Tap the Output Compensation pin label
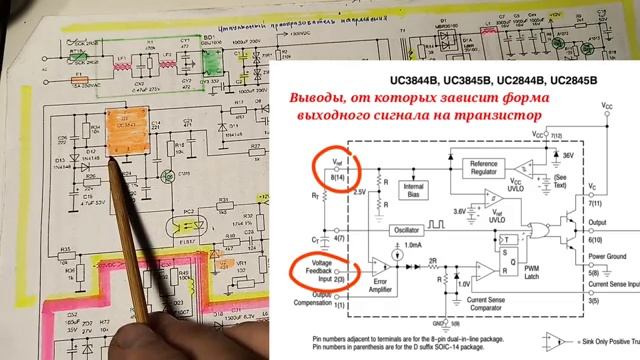(x=302, y=298)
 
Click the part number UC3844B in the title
(x=406, y=77)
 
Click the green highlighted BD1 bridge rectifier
(x=211, y=61)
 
